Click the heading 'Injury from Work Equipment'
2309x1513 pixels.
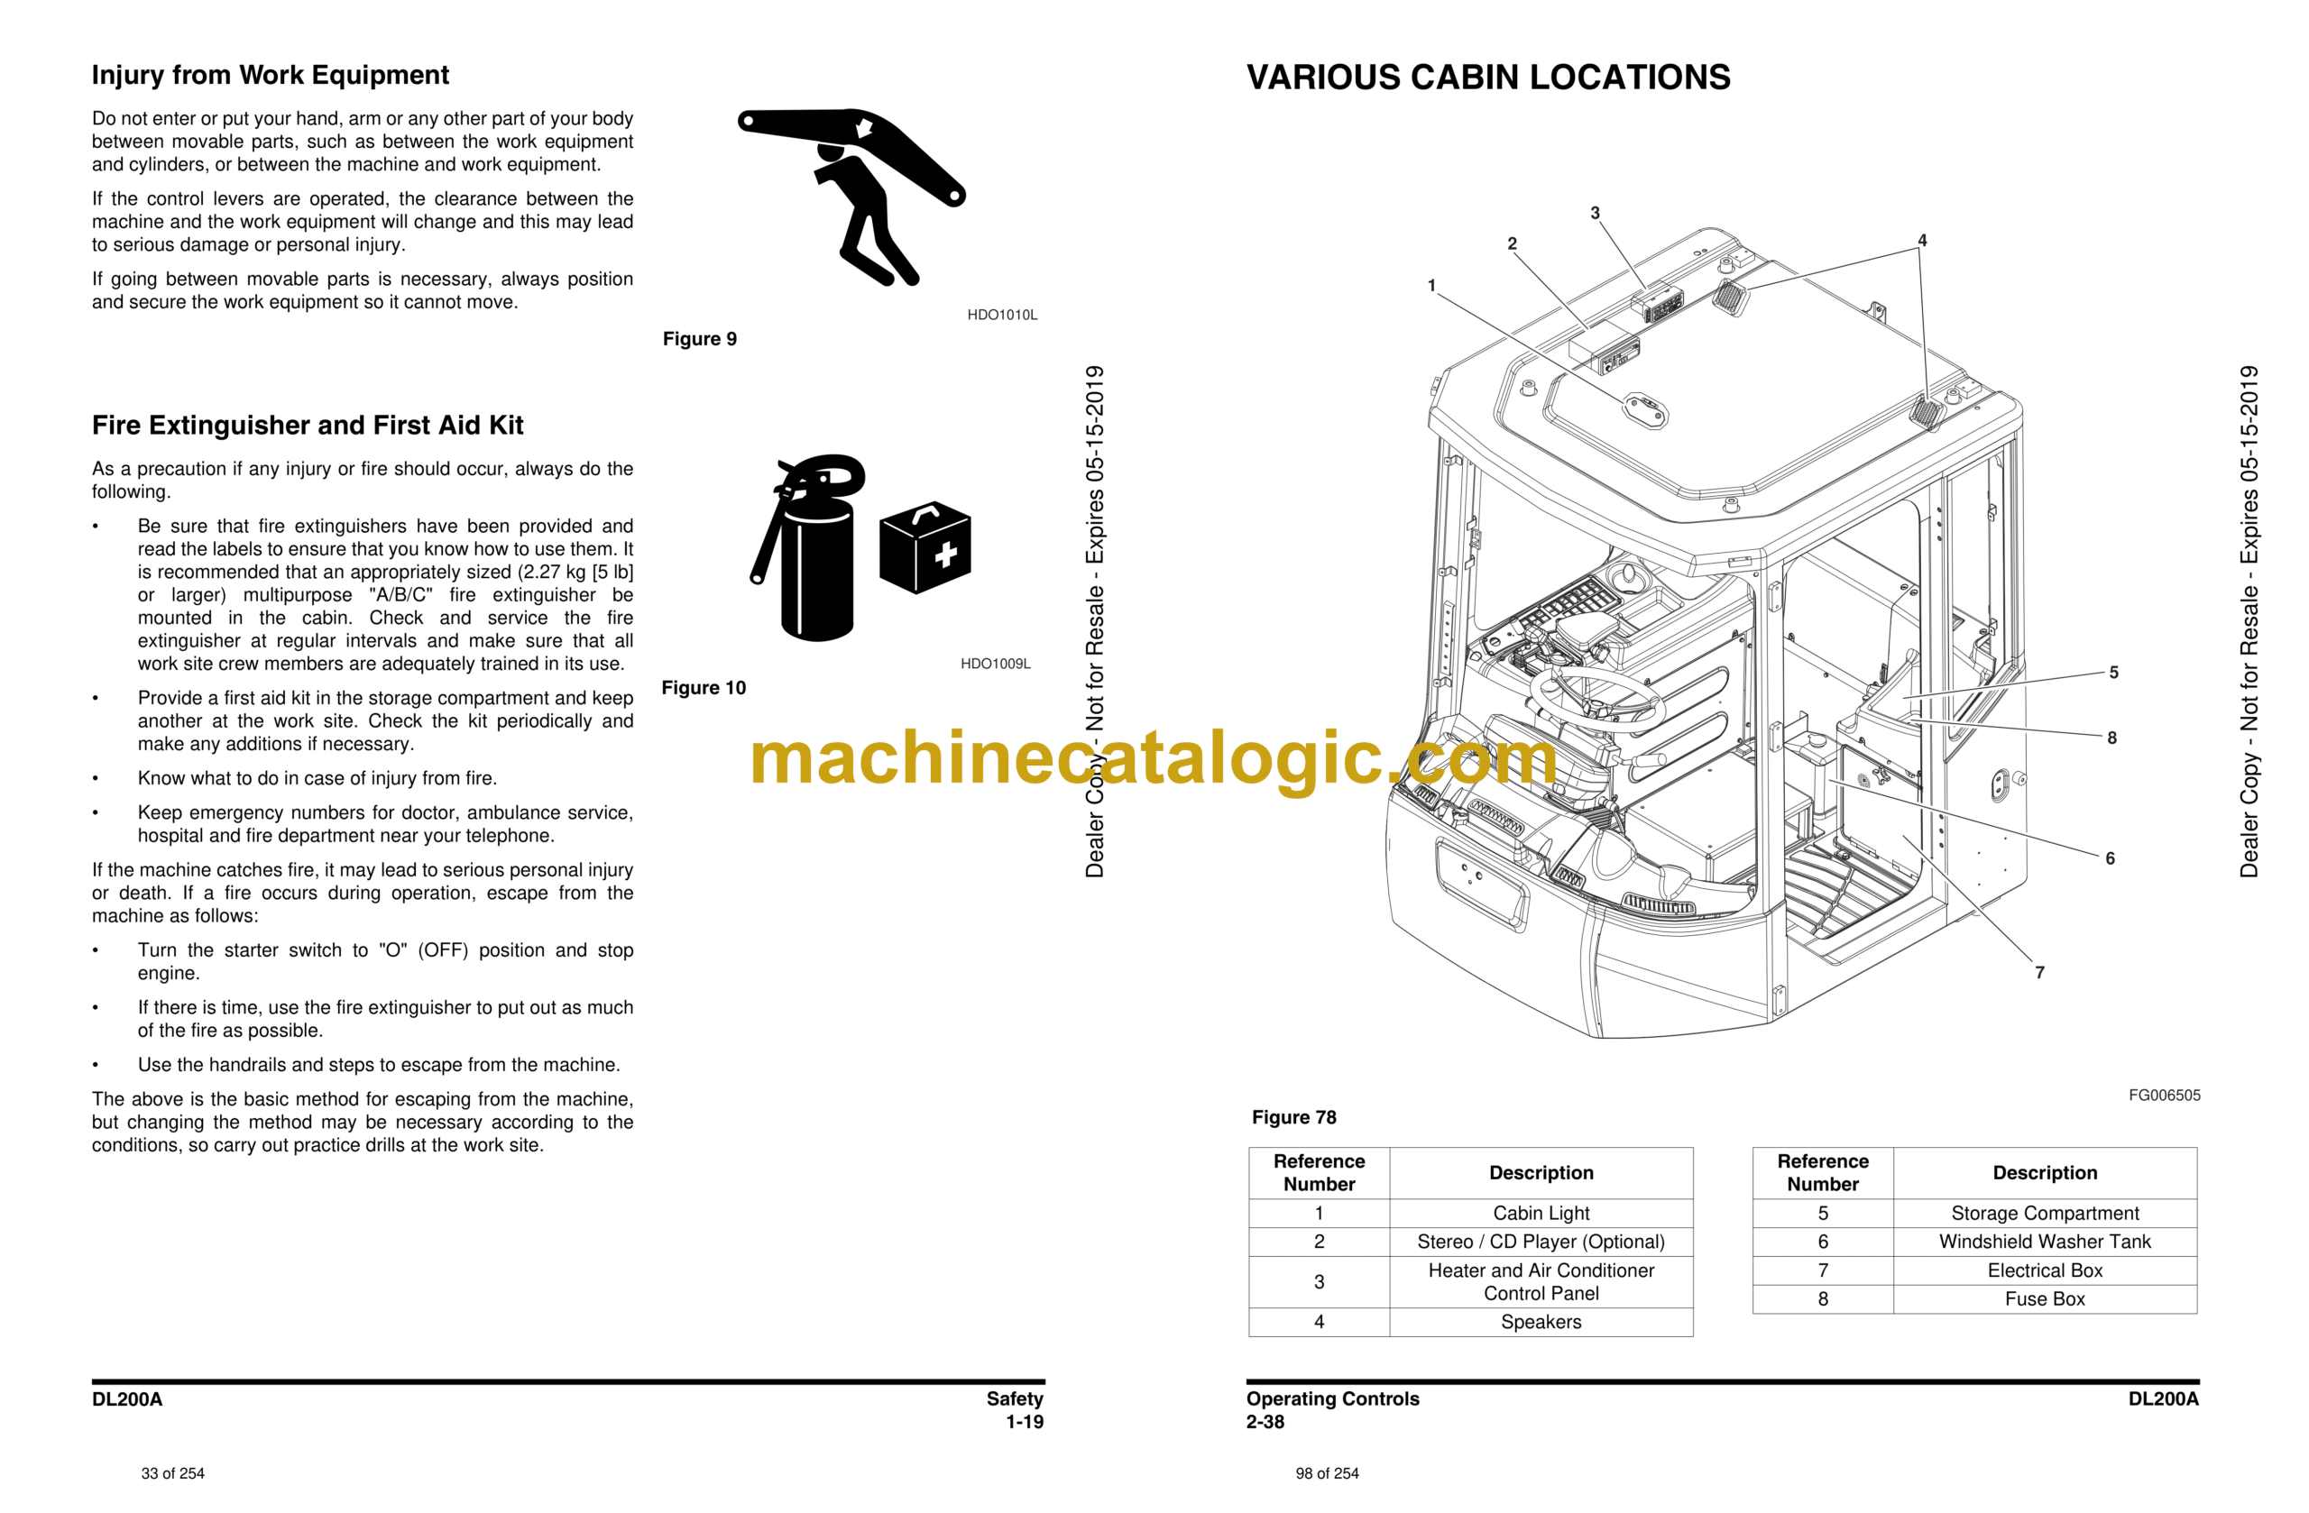click(x=270, y=75)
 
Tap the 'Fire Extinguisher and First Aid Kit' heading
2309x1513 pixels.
click(x=307, y=425)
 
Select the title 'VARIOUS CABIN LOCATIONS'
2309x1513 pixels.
click(x=1487, y=78)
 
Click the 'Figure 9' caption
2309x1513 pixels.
click(x=700, y=338)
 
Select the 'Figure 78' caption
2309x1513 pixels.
click(x=1293, y=1117)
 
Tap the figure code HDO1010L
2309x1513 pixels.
click(x=1001, y=315)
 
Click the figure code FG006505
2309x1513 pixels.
click(x=2164, y=1095)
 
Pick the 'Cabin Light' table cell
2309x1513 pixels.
click(x=1541, y=1214)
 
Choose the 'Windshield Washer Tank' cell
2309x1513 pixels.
click(x=2044, y=1242)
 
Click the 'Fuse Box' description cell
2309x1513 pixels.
click(x=2044, y=1298)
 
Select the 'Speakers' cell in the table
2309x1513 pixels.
click(x=1541, y=1322)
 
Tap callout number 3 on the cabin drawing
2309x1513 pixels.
click(x=1594, y=214)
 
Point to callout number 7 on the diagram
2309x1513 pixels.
click(x=2038, y=972)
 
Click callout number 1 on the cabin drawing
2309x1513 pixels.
click(x=1431, y=285)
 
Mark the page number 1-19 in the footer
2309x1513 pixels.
click(x=1024, y=1422)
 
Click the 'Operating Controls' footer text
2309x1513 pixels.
click(x=1332, y=1398)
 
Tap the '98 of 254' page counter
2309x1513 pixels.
click(x=1326, y=1473)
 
